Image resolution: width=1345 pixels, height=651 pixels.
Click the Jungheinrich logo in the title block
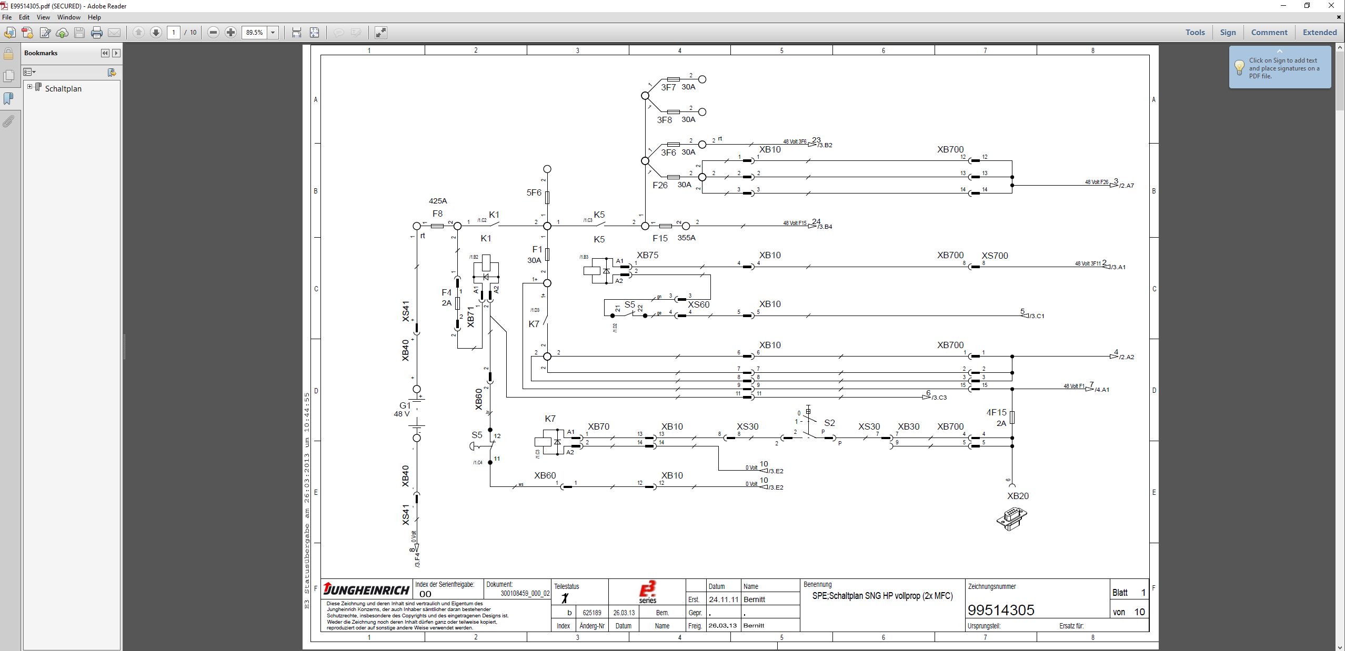[x=366, y=589]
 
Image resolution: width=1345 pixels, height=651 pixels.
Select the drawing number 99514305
[x=1001, y=610]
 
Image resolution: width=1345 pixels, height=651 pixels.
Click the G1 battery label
[x=405, y=405]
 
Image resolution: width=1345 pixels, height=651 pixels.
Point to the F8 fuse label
[x=437, y=213]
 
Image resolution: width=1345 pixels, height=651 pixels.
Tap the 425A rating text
[x=438, y=201]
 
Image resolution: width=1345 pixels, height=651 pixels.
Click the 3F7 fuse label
[x=668, y=87]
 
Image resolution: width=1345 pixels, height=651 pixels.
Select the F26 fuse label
[x=660, y=185]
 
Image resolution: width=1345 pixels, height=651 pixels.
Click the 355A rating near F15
[x=686, y=238]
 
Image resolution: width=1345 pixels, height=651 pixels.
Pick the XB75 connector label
[x=647, y=255]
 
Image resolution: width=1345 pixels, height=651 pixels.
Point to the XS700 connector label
[x=995, y=256]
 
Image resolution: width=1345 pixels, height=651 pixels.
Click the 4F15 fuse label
[x=996, y=413]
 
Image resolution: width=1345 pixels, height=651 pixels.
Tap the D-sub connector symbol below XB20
[x=1011, y=518]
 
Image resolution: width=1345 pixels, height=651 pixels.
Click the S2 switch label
[x=829, y=423]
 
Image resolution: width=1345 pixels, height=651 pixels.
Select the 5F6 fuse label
[x=534, y=192]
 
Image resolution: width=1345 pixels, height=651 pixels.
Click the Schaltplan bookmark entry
[x=63, y=89]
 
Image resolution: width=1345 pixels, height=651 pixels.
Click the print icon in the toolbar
[x=97, y=33]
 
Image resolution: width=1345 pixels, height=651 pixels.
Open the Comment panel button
[x=1269, y=33]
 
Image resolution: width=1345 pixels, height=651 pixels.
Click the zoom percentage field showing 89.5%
[x=254, y=33]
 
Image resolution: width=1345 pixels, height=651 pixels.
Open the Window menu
[x=68, y=17]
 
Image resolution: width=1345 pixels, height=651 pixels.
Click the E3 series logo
[x=647, y=592]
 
